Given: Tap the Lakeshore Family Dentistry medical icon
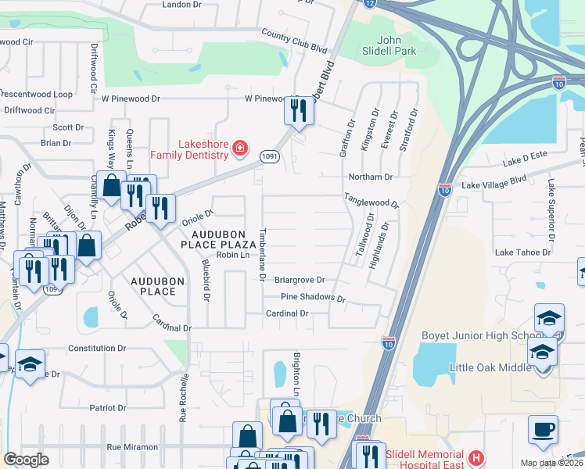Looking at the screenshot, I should (240, 148).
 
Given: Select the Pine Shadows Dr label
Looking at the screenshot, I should (313, 298).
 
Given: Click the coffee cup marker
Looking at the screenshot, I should (542, 428).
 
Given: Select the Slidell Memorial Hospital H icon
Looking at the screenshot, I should (475, 456).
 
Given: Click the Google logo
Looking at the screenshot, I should (26, 460).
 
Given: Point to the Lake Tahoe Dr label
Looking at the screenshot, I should (523, 252).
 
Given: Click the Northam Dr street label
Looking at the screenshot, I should (367, 177).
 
